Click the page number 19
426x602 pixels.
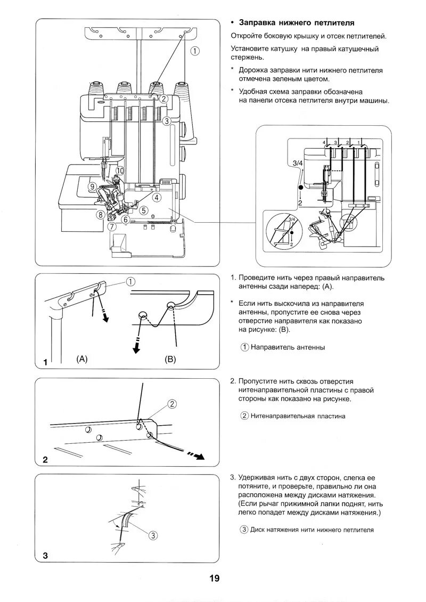214,579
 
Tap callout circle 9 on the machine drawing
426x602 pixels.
93,186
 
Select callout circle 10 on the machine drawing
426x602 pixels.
120,171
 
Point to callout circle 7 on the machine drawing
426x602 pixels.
111,226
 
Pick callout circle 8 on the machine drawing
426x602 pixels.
100,215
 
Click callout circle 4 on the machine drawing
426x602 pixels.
157,197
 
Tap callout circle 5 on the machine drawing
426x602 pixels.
144,210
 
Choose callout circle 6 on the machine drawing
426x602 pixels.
126,219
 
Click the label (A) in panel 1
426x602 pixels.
81,359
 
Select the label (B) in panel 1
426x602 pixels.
169,359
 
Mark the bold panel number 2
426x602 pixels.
45,460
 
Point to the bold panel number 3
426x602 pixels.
45,556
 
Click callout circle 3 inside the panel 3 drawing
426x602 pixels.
152,535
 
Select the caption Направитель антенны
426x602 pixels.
287,347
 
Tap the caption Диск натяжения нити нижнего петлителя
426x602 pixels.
307,530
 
